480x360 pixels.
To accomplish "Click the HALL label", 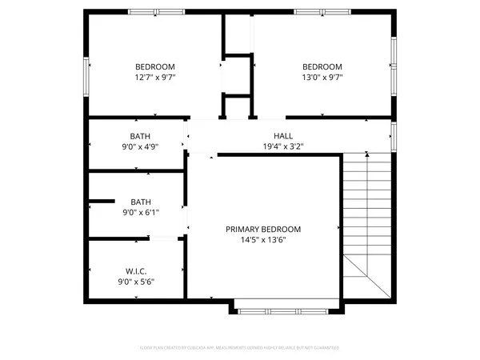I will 283,136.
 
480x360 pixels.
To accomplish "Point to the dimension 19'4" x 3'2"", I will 283,146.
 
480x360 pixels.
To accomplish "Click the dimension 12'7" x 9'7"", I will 155,78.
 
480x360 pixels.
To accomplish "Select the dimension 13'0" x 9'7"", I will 322,78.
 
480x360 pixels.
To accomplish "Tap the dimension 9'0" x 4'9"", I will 140,146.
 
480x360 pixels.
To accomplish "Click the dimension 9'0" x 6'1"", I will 140,212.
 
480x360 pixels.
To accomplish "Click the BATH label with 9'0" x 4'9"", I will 140,136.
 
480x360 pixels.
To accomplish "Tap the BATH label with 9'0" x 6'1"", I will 140,202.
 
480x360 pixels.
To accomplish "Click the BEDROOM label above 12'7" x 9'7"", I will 155,66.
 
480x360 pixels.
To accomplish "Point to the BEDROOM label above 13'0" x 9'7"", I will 322,66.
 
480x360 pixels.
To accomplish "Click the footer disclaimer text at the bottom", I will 240,348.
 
